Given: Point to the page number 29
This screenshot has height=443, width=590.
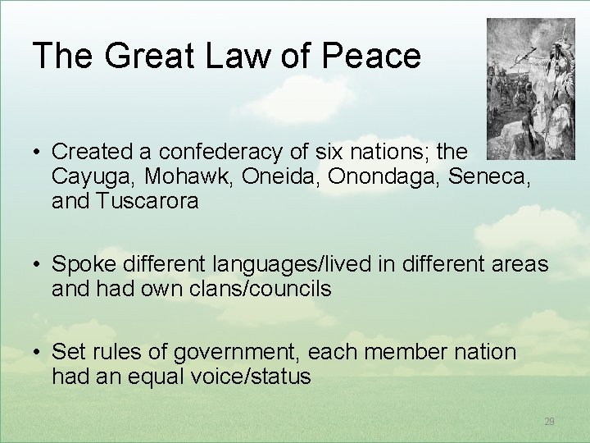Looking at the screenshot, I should tap(549, 421).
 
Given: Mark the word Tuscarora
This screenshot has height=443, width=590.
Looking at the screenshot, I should tap(148, 201).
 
